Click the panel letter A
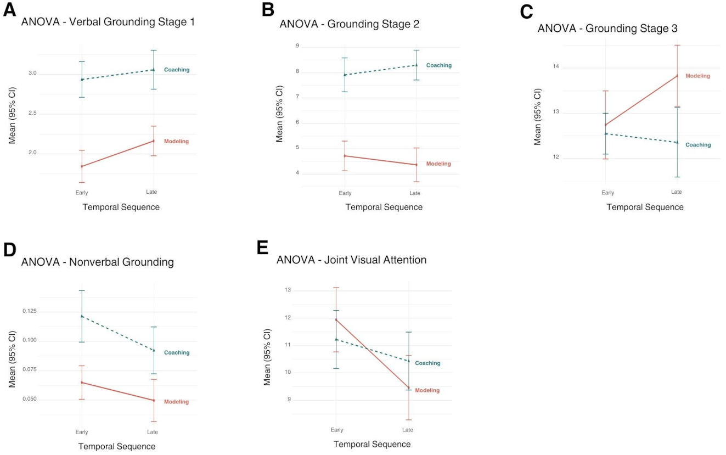(x=9, y=9)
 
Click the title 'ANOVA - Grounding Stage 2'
(x=350, y=24)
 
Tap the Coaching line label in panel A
(x=177, y=70)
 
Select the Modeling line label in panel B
(x=438, y=164)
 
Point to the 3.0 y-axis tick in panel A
(x=32, y=73)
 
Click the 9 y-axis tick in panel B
(x=297, y=46)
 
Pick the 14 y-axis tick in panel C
(x=556, y=66)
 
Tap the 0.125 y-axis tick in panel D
(x=30, y=311)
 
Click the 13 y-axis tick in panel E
(x=288, y=290)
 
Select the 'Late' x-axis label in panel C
(x=677, y=192)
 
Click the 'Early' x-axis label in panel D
(x=82, y=432)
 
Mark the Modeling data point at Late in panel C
(x=677, y=76)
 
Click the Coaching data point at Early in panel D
(x=82, y=316)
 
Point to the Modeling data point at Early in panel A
(x=82, y=166)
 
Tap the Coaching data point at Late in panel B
(x=417, y=65)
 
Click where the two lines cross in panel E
(x=367, y=349)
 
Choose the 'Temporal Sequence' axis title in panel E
(x=372, y=444)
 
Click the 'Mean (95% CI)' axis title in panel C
(x=537, y=117)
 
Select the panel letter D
(x=10, y=250)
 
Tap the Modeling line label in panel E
(x=427, y=390)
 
